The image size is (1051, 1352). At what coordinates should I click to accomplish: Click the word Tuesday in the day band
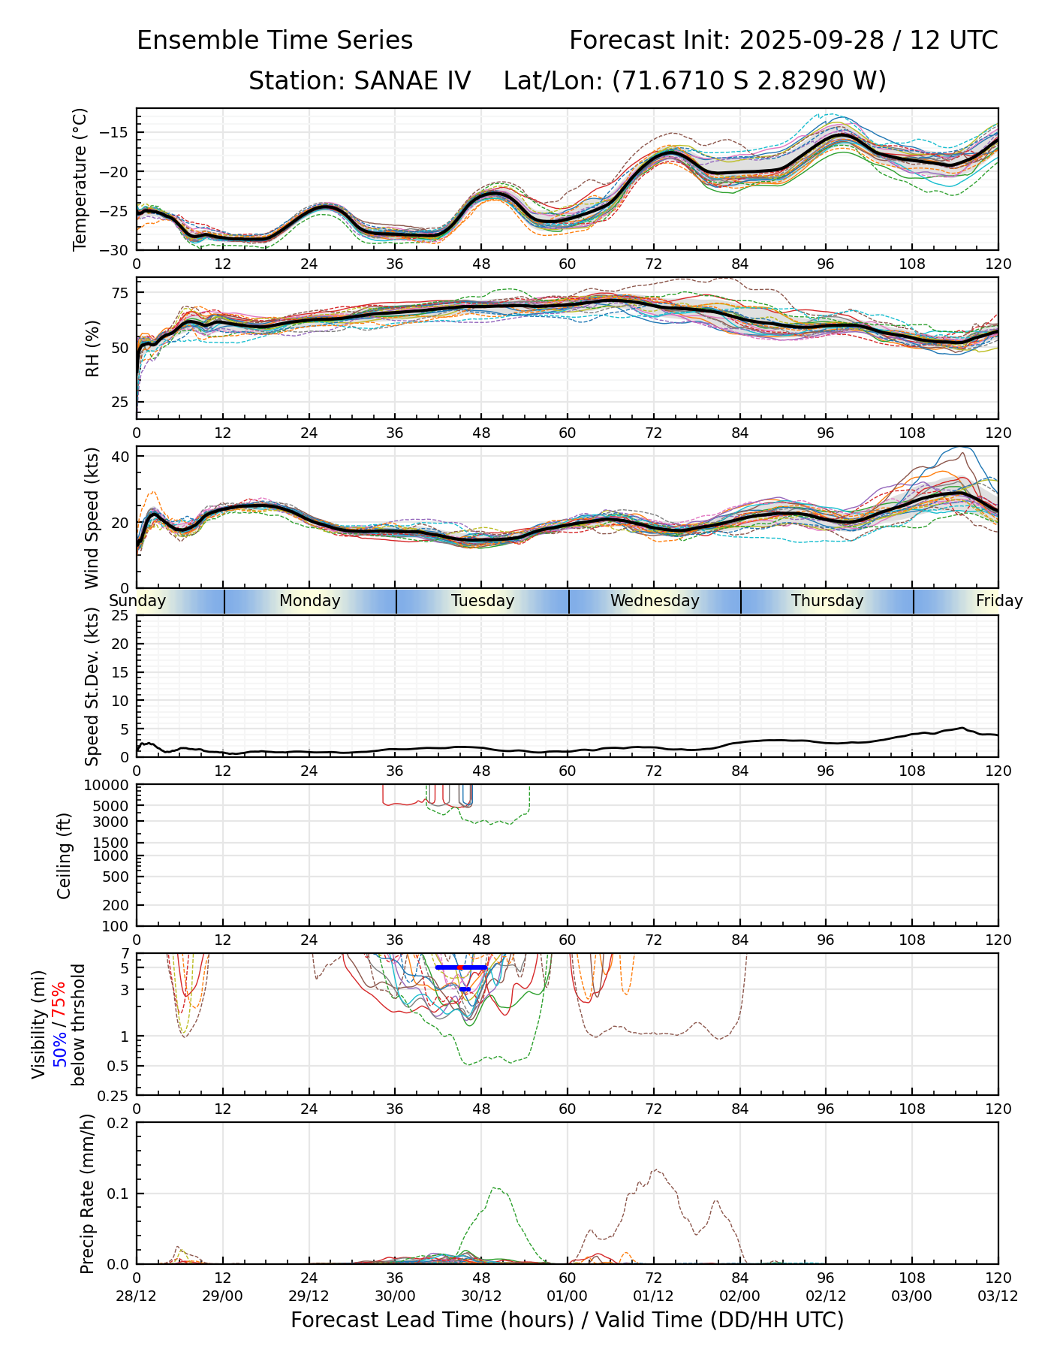[483, 601]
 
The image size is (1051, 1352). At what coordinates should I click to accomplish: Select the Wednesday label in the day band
[655, 601]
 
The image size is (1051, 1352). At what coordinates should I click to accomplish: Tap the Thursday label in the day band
[827, 601]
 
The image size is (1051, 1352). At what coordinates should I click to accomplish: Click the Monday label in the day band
[310, 601]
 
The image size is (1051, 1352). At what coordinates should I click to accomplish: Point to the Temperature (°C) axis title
[80, 179]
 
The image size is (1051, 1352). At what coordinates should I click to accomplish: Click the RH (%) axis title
[92, 348]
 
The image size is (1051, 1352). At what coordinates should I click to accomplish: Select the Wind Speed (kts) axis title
[92, 518]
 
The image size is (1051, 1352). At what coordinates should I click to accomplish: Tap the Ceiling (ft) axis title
[65, 856]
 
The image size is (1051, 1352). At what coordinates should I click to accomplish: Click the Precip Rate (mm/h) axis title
[87, 1194]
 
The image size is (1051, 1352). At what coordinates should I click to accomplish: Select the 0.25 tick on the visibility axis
[114, 1094]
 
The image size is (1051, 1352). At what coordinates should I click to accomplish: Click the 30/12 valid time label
[481, 1296]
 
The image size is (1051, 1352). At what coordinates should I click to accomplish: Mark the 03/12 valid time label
[998, 1296]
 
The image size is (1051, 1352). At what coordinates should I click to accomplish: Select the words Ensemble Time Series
[275, 41]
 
